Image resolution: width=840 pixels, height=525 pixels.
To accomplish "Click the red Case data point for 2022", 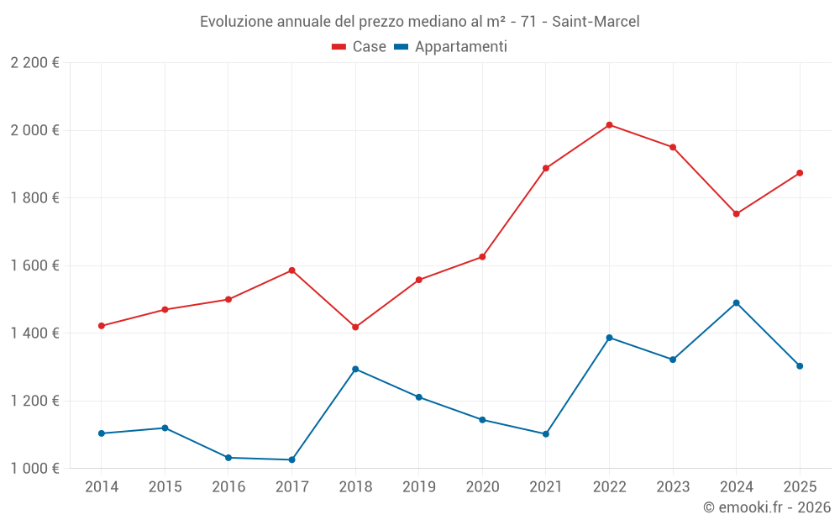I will [x=609, y=125].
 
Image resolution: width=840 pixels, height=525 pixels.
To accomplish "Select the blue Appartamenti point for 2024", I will [x=736, y=302].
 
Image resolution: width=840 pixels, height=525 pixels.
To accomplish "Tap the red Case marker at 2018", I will [x=355, y=327].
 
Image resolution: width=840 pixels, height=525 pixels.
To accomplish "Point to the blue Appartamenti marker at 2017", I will [x=291, y=459].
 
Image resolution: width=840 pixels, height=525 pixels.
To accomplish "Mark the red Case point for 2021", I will [x=546, y=168].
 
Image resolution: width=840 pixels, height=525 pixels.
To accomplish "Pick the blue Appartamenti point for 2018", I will [x=355, y=369].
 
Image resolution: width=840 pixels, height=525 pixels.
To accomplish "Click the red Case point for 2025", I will [x=800, y=173].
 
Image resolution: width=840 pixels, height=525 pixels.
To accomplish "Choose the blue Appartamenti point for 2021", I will [x=546, y=434].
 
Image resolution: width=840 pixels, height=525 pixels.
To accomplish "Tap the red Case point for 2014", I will [x=102, y=326].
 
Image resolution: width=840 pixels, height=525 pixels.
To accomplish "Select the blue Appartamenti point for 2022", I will [x=609, y=338].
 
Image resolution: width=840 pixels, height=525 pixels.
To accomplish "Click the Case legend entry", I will [x=360, y=47].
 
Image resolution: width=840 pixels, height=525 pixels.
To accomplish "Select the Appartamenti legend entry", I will [x=450, y=47].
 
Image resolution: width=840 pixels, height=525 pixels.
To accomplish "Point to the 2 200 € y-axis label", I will [x=34, y=63].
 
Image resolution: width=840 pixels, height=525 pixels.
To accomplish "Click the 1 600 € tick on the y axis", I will [x=34, y=265].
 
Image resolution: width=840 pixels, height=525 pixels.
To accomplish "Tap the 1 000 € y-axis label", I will [x=34, y=468].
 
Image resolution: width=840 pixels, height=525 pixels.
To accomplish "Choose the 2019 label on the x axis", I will [x=418, y=486].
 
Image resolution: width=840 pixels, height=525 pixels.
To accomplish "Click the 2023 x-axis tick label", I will [x=672, y=486].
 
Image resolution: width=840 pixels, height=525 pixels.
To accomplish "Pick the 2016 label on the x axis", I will [x=228, y=486].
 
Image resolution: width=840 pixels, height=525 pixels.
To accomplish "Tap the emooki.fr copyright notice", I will [x=766, y=507].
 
